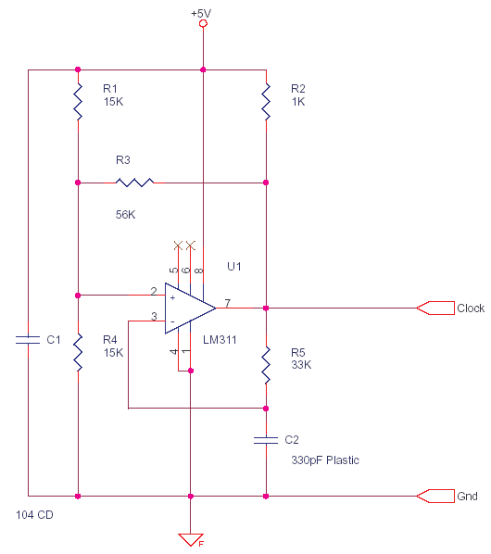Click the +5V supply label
pos(203,12)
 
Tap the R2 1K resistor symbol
pos(266,101)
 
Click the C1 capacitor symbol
pos(29,340)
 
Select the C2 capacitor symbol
pos(266,439)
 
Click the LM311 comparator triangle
pos(189,308)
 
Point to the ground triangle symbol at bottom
pos(190,539)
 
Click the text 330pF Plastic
pos(325,460)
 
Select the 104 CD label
pos(35,513)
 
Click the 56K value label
pos(126,215)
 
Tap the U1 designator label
pos(234,267)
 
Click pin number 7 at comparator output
pos(226,302)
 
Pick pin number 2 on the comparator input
pos(154,291)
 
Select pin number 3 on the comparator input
pos(154,317)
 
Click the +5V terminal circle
pos(203,25)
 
